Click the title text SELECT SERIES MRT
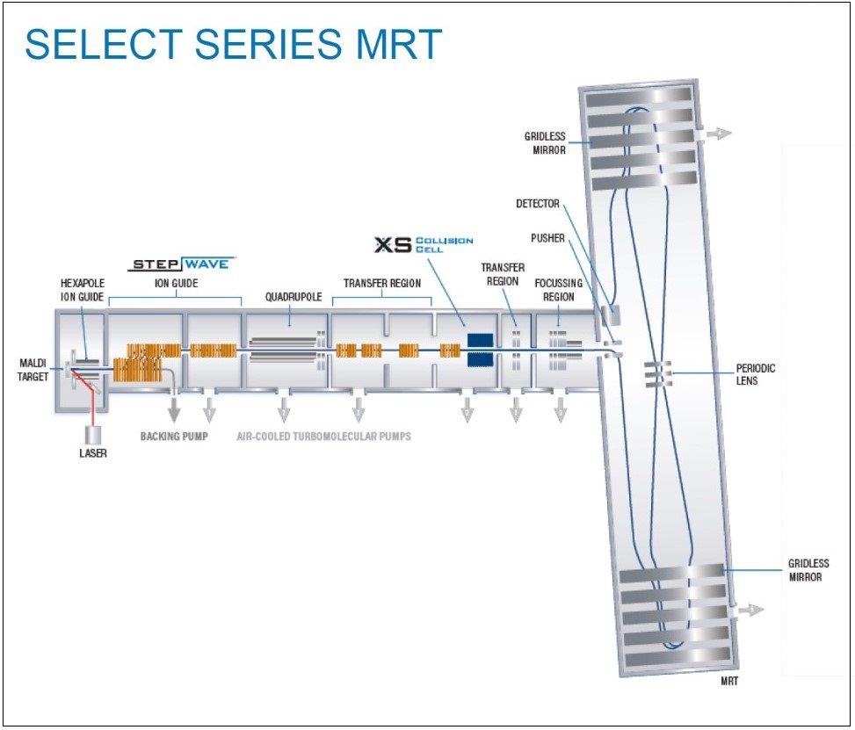click(233, 45)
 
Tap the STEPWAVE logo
click(183, 264)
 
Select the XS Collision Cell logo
click(424, 244)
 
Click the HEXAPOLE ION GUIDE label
click(82, 290)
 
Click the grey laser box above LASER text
click(92, 435)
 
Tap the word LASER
click(92, 454)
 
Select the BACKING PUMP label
click(174, 436)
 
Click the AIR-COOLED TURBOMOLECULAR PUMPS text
click(323, 436)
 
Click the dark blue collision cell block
click(480, 350)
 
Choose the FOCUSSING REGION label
click(554, 290)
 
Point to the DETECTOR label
click(537, 204)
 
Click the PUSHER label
click(547, 238)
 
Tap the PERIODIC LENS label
click(756, 374)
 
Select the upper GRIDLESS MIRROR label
click(545, 143)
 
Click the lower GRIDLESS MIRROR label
click(808, 570)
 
